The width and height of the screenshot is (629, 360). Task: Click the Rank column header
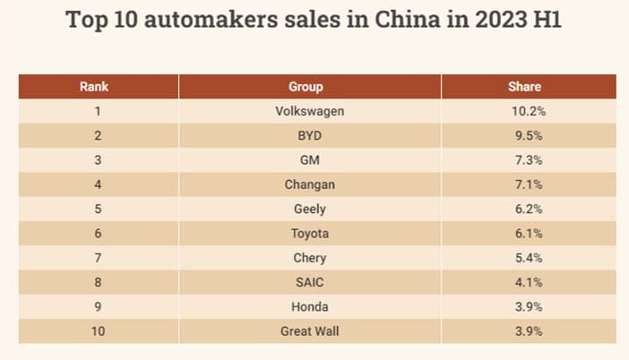coord(94,87)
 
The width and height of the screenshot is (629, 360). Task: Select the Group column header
coord(306,87)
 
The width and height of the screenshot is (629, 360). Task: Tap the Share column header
coord(525,87)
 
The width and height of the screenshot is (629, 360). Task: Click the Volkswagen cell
coord(310,111)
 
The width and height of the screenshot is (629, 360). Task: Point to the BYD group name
coord(310,135)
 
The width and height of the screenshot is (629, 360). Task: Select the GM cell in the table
coord(310,160)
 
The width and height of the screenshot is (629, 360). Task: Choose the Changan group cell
coord(310,184)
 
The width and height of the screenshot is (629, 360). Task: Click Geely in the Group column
coord(310,209)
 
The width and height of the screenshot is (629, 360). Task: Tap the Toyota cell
coord(310,234)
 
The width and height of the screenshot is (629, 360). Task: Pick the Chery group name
coord(310,258)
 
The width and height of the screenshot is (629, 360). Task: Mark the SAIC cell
coord(310,282)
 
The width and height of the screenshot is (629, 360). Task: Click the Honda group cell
coord(310,306)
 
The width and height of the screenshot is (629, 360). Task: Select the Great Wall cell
coord(310,331)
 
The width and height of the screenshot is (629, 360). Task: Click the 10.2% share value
coord(529,111)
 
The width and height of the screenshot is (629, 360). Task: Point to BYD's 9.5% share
coord(529,135)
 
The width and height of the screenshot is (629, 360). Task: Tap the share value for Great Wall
coord(529,331)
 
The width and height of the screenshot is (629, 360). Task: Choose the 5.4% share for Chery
coord(529,258)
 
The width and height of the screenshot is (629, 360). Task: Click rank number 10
coord(98,331)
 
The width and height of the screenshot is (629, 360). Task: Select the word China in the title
coord(408,19)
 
